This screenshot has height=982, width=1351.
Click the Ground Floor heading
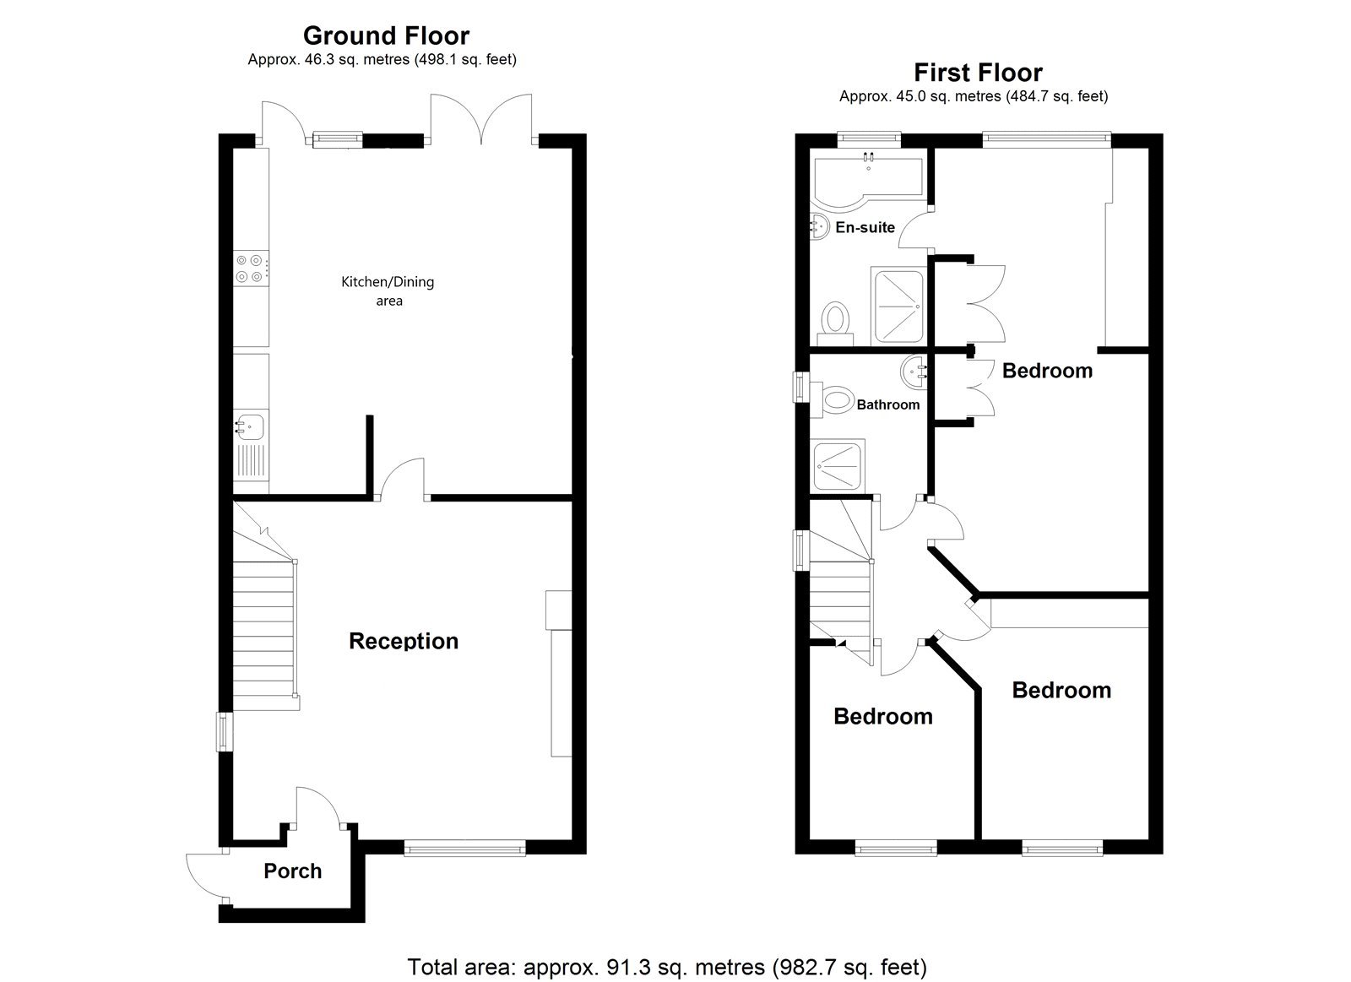[x=386, y=36]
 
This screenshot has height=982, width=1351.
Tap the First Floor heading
[x=978, y=73]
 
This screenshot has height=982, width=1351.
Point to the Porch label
[x=292, y=871]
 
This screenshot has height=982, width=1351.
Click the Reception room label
[x=404, y=641]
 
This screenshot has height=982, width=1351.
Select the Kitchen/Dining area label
[x=388, y=290]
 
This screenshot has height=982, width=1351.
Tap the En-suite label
[x=865, y=227]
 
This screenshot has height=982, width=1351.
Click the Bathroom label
[x=888, y=404]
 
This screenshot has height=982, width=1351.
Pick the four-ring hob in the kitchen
[x=251, y=269]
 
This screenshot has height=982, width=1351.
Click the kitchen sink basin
[x=250, y=427]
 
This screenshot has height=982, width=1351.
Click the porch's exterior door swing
[x=205, y=878]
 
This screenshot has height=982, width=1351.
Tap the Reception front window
[x=464, y=849]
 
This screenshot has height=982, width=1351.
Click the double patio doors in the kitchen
[x=481, y=119]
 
